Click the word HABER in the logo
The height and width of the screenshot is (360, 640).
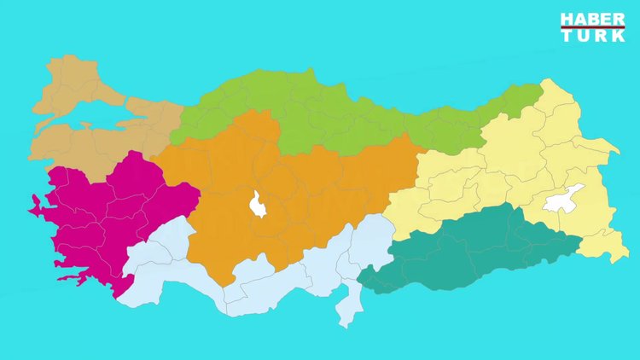pos(592,20)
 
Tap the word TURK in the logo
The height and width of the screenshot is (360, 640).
pos(592,37)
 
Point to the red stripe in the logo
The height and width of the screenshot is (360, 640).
pos(592,28)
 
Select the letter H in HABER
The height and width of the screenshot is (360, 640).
pos(566,20)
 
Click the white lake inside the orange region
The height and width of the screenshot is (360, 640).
pos(257,205)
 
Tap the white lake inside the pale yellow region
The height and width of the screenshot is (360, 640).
pos(563,198)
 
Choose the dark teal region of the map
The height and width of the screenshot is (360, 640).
pos(478,247)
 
